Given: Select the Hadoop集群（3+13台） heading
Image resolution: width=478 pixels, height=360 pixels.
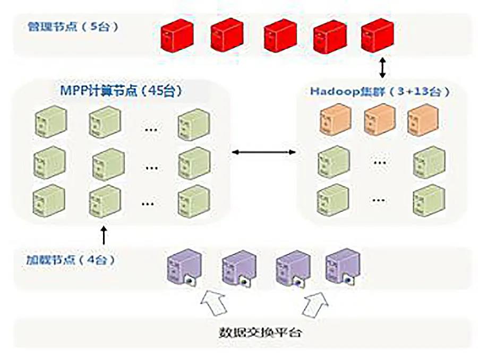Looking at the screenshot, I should pyautogui.click(x=380, y=91).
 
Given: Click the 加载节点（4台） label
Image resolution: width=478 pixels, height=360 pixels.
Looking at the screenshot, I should pyautogui.click(x=70, y=260).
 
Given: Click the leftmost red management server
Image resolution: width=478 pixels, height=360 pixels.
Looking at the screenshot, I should pyautogui.click(x=176, y=35).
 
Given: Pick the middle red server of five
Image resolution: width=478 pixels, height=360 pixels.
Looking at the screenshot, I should pyautogui.click(x=280, y=35).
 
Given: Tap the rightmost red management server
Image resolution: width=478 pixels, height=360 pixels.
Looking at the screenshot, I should pyautogui.click(x=377, y=35).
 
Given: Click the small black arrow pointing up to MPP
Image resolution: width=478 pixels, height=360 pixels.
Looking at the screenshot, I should pyautogui.click(x=104, y=235).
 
